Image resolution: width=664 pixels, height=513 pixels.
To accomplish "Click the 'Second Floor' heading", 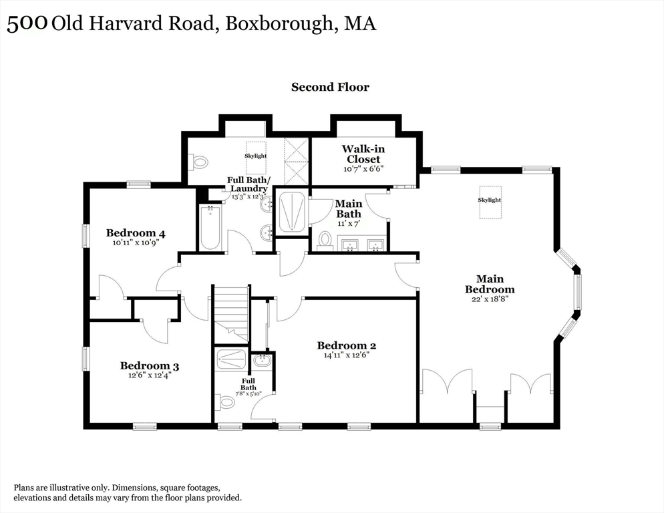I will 330,87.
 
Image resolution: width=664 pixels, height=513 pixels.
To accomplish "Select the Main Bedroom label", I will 490,284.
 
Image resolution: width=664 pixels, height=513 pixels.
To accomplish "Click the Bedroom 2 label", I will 346,345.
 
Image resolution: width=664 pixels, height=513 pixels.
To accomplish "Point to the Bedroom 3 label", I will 149,365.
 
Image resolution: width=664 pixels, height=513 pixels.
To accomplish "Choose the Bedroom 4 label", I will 136,233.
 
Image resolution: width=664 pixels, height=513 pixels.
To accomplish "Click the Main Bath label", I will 348,208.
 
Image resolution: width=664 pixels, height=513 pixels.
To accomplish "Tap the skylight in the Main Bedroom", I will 489,200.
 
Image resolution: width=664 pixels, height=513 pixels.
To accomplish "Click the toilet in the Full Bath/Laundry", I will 200,162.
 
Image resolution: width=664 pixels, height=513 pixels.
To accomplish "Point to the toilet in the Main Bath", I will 325,238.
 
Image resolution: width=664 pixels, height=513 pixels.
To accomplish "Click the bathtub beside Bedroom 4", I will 210,227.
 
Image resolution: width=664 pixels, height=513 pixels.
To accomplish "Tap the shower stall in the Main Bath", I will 292,212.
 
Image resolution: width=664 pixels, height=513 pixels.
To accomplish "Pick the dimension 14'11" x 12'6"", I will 346,355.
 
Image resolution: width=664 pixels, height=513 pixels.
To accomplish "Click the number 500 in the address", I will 27,24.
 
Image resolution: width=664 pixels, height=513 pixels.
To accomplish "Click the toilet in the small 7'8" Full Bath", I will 227,402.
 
